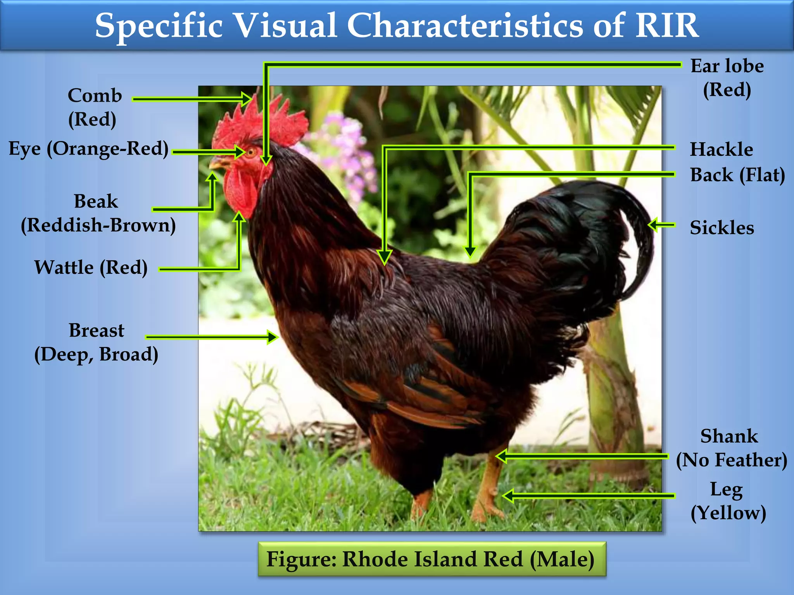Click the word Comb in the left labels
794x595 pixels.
click(x=95, y=96)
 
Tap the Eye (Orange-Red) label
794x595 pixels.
click(x=88, y=149)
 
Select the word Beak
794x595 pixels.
click(x=96, y=201)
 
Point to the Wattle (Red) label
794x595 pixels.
click(x=91, y=268)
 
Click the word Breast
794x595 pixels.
click(x=97, y=331)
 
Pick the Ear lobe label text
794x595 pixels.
click(x=727, y=66)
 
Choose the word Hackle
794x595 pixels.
click(x=721, y=150)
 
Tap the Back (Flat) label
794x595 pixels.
click(x=737, y=175)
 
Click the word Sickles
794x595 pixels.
click(x=722, y=228)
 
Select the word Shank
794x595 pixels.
click(x=729, y=437)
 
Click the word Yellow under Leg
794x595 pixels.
click(x=728, y=513)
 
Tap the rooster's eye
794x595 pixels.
click(x=251, y=151)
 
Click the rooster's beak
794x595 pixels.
click(x=218, y=163)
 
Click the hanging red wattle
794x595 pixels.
click(x=240, y=192)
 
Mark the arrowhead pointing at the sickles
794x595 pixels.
click(x=653, y=225)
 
